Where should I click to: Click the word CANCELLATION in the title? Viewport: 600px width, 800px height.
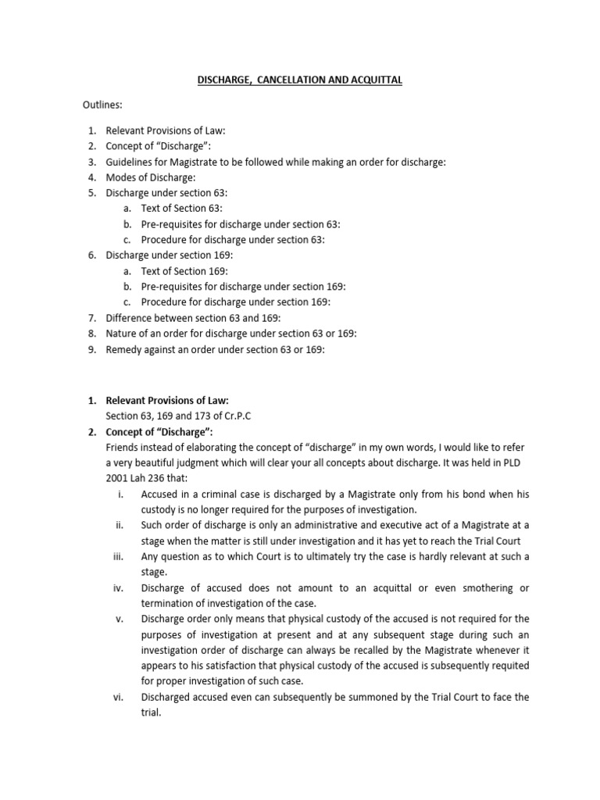292,80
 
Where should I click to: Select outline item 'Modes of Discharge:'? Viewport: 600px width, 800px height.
151,177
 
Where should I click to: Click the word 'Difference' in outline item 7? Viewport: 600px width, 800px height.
130,317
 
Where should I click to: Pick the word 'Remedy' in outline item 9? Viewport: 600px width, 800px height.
124,349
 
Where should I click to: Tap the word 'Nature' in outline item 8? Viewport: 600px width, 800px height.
123,334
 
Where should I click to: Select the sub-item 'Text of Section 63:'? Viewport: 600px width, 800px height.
181,209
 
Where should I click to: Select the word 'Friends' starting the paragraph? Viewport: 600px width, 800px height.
123,447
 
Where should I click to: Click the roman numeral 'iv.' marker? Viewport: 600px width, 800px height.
120,587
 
